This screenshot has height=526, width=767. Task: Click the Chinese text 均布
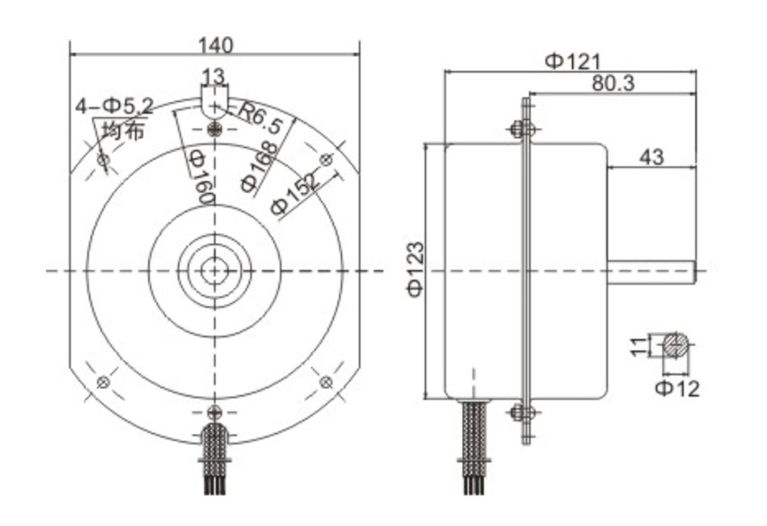123,131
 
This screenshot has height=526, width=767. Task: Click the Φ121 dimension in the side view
572,61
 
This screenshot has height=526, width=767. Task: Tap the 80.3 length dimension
614,83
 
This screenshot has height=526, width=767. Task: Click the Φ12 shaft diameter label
677,389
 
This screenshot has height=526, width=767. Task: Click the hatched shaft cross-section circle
676,345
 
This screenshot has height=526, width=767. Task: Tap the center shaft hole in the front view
214,270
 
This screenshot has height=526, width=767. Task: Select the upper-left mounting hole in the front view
103,161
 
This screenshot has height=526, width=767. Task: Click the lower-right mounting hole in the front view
326,382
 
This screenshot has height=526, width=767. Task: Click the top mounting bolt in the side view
520,130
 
